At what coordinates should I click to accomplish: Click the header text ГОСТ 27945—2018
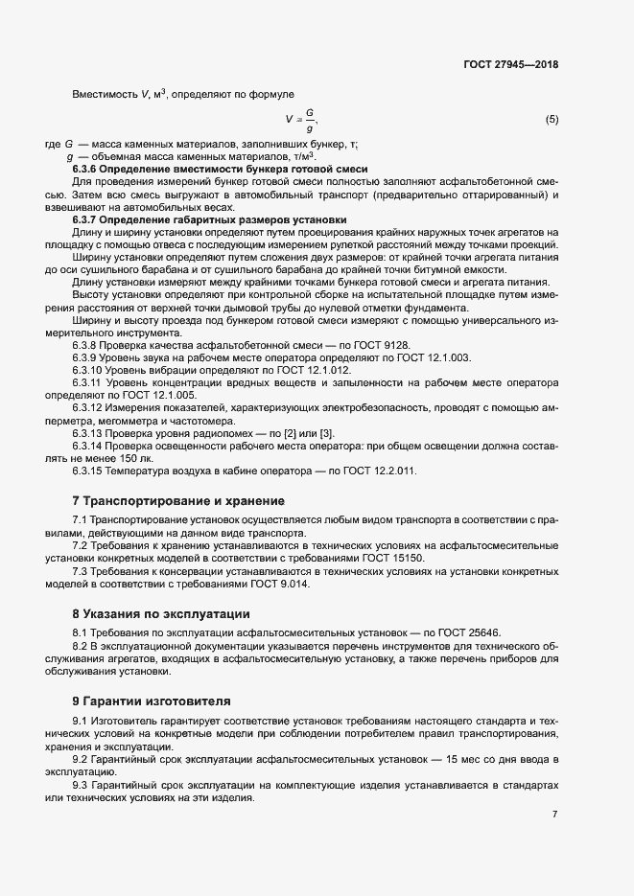[x=509, y=65]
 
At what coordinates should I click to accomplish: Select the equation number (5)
[x=552, y=120]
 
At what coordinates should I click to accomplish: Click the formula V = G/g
[x=301, y=120]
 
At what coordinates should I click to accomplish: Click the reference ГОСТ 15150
[x=405, y=557]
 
